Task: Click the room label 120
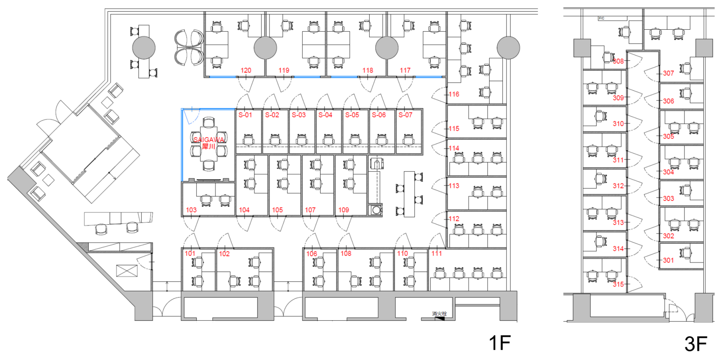coord(246,70)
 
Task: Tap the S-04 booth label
coord(325,115)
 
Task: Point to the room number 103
coord(191,210)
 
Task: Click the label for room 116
coord(454,94)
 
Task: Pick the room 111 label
coord(437,254)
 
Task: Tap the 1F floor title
coord(499,343)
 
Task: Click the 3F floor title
coord(696,344)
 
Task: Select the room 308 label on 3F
coord(618,61)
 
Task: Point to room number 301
coord(668,260)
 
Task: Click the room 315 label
coord(618,284)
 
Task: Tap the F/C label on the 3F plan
coord(601,18)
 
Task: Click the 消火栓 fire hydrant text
coord(439,313)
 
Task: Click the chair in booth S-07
coord(408,139)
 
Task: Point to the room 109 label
coord(343,210)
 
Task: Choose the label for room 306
coord(668,101)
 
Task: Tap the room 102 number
coord(224,254)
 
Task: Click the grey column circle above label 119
coord(265,48)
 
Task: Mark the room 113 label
coord(454,186)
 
